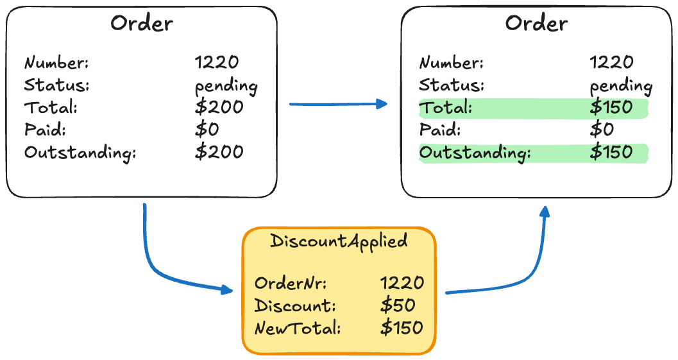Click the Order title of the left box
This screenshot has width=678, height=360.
141,24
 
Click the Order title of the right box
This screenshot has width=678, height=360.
536,24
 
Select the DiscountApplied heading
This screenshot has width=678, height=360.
339,241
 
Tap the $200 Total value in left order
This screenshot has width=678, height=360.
219,107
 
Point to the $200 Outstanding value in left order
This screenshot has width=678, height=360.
219,152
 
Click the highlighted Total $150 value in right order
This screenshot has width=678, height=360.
611,108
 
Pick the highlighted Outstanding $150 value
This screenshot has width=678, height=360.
611,153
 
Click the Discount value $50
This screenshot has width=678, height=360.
398,305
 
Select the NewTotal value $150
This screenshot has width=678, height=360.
402,328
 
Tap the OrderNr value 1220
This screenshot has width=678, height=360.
402,283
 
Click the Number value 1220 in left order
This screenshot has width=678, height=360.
217,62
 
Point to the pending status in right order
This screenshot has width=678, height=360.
621,85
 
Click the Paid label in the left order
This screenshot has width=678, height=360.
45,130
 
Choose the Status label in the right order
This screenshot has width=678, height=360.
452,85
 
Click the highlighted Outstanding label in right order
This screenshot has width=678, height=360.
475,153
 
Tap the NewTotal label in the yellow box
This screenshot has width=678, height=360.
297,329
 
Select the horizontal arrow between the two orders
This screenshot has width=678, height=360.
338,104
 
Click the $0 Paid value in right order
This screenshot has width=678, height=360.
602,130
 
